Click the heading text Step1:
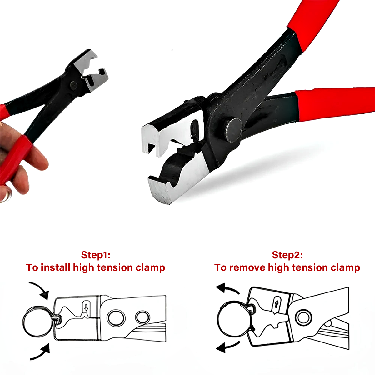96,255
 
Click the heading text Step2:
287,255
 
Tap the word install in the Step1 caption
55,267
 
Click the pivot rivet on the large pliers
233,130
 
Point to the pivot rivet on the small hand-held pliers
74,85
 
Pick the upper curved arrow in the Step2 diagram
227,288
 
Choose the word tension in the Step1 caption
115,267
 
